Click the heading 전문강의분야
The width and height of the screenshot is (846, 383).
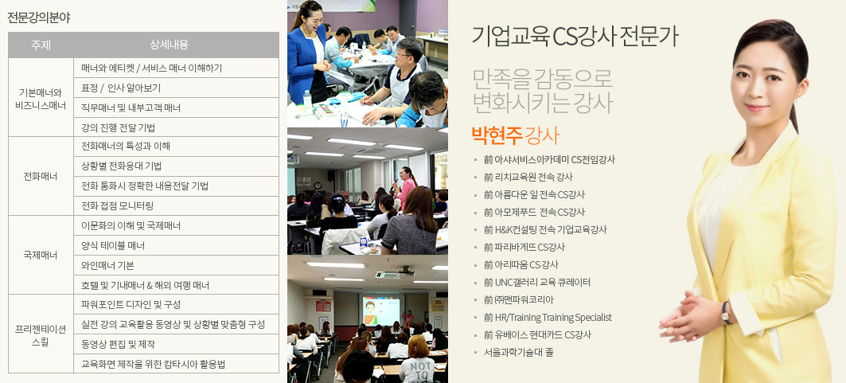pyautogui.click(x=39, y=18)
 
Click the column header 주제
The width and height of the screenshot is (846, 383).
pyautogui.click(x=41, y=45)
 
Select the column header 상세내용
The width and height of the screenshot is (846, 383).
pyautogui.click(x=177, y=45)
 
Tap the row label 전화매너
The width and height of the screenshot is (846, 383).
pyautogui.click(x=41, y=177)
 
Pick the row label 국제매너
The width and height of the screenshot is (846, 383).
pyautogui.click(x=41, y=255)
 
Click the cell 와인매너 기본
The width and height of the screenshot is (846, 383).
pyautogui.click(x=107, y=265)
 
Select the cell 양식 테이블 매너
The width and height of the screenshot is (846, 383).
pyautogui.click(x=113, y=245)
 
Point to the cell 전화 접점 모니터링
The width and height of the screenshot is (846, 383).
pyautogui.click(x=118, y=205)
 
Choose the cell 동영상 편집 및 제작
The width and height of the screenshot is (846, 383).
pyautogui.click(x=118, y=344)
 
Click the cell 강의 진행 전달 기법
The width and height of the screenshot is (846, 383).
pyautogui.click(x=118, y=127)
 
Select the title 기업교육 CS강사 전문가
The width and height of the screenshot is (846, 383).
pyautogui.click(x=575, y=37)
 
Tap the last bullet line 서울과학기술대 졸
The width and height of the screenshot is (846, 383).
pyautogui.click(x=518, y=352)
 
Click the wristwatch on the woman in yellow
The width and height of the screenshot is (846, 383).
pyautogui.click(x=727, y=313)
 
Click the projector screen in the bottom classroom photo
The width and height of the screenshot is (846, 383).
pyautogui.click(x=381, y=311)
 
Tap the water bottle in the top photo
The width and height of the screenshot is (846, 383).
pyautogui.click(x=307, y=102)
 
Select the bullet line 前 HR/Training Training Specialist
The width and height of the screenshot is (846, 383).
pyautogui.click(x=548, y=318)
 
